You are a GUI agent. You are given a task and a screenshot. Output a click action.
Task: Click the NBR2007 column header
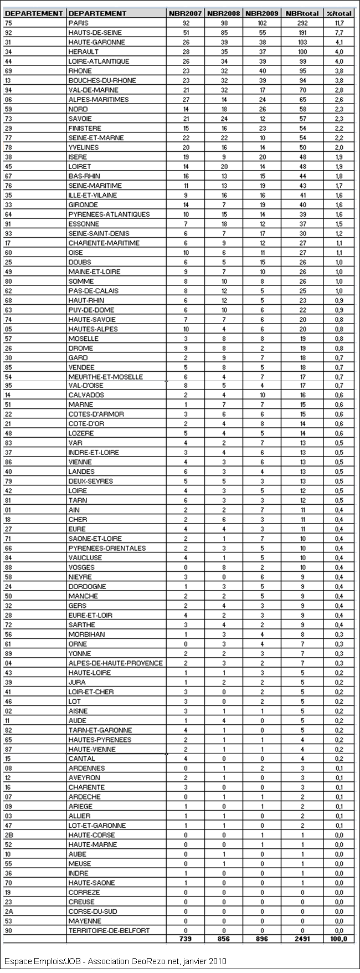tap(186, 13)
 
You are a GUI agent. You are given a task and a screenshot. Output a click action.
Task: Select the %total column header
tap(339, 13)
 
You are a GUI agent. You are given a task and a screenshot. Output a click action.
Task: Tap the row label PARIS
tap(78, 23)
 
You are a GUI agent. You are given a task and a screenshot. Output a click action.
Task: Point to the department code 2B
tap(9, 835)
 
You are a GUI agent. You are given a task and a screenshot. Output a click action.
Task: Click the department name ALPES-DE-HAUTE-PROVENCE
tap(115, 663)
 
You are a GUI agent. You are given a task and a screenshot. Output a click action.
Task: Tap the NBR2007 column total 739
tap(185, 939)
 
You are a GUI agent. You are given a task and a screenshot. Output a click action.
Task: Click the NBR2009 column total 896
tap(262, 939)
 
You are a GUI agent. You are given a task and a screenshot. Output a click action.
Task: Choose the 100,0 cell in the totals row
tap(339, 939)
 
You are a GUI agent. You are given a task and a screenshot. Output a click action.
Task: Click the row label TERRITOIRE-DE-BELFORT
tap(109, 930)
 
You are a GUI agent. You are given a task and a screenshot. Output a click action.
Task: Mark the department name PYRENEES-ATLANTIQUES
tap(109, 214)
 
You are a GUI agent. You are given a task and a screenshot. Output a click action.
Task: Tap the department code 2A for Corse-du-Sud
tap(9, 911)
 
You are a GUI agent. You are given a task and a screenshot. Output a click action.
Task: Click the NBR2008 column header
tap(224, 13)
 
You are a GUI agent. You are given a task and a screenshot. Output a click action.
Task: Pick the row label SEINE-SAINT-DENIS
tap(99, 233)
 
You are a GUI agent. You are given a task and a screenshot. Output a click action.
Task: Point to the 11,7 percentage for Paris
tap(339, 23)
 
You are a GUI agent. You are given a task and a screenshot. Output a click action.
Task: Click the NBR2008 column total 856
tap(224, 939)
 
